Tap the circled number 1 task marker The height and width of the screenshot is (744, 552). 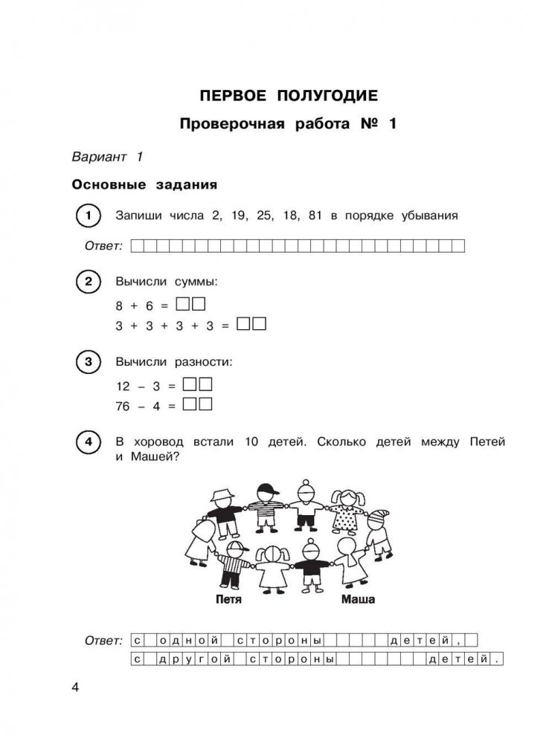[x=89, y=216]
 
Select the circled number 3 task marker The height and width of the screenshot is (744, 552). [x=89, y=363]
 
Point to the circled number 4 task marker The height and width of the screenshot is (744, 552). [x=89, y=444]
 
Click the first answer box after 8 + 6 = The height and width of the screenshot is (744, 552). [x=183, y=304]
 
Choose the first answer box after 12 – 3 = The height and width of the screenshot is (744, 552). [x=190, y=385]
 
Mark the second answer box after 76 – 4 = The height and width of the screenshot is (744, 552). [x=205, y=405]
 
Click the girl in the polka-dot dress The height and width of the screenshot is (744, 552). [x=346, y=509]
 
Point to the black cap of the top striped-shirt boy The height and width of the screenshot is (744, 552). [x=266, y=490]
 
